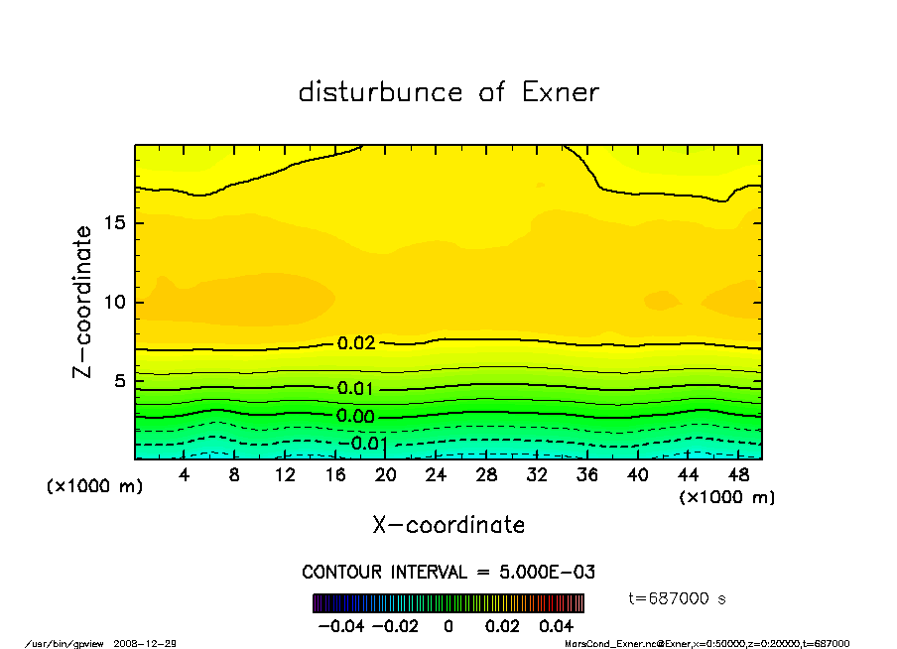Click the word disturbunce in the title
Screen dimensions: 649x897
[381, 92]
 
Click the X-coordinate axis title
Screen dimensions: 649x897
[448, 525]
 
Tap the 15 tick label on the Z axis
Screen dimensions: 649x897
[115, 223]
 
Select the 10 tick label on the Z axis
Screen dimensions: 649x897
[115, 303]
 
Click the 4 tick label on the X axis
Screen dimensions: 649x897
[184, 475]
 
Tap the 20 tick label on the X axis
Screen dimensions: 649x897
[386, 475]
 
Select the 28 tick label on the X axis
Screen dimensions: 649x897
[487, 475]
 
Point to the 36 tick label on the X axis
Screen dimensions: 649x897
[587, 475]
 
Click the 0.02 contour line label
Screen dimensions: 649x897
[356, 343]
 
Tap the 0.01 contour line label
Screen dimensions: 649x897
[356, 389]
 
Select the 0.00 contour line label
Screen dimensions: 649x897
[356, 417]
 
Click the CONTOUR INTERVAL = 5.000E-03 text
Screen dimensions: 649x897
[448, 573]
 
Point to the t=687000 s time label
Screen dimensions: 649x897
[679, 598]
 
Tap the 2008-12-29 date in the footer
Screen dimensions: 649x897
[152, 644]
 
